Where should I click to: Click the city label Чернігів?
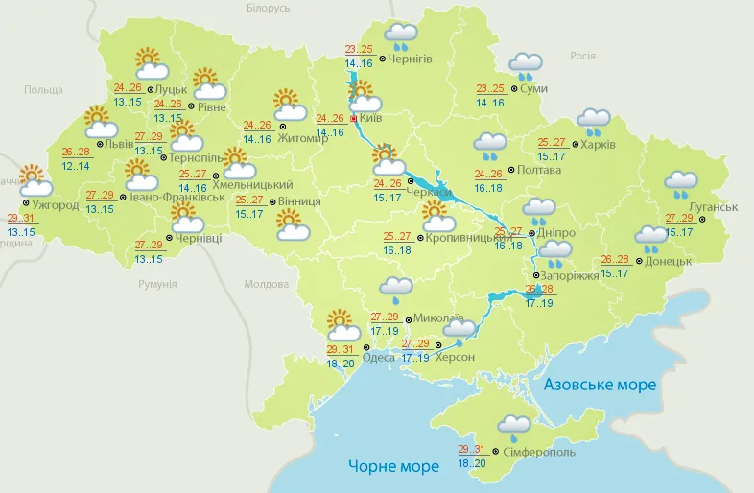(412, 59)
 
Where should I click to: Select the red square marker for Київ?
(354, 118)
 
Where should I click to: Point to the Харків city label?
(600, 146)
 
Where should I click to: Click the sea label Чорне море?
(393, 466)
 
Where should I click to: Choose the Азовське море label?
(600, 385)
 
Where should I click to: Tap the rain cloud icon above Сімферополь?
(514, 428)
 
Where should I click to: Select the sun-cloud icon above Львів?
(101, 122)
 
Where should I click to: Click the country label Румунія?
(157, 285)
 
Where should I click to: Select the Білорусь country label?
(268, 9)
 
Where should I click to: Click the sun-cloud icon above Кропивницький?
(437, 217)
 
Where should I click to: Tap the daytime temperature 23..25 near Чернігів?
(359, 50)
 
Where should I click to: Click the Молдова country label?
(266, 285)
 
